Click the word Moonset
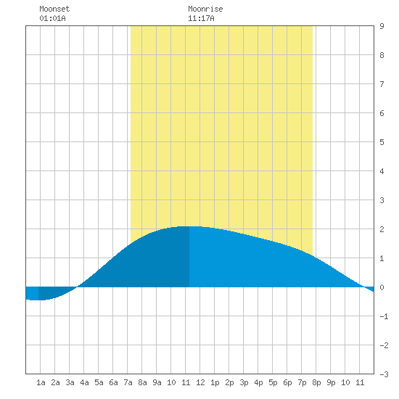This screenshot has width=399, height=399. click(54, 9)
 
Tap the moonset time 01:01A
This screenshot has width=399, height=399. click(52, 18)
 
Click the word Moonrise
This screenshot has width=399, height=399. click(205, 9)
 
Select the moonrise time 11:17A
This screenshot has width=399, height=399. click(201, 18)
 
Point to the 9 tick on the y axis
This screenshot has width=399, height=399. click(382, 26)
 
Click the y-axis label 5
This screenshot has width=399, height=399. click(382, 142)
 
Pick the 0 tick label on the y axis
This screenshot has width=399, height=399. click(382, 287)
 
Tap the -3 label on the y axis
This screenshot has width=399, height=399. click(384, 374)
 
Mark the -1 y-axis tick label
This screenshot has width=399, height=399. click(384, 316)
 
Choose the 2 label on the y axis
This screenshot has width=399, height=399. click(382, 229)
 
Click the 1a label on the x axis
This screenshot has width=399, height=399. click(41, 382)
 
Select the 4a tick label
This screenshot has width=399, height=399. click(84, 382)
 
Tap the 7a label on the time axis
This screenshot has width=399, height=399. click(128, 382)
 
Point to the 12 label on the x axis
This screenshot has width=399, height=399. click(200, 382)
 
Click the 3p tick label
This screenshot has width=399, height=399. click(244, 382)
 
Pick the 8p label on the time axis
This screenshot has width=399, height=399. click(316, 382)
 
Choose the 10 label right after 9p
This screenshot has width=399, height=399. click(345, 382)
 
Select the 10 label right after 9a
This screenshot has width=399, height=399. click(171, 382)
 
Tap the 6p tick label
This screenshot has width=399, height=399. click(287, 382)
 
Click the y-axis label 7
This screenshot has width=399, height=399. click(382, 84)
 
